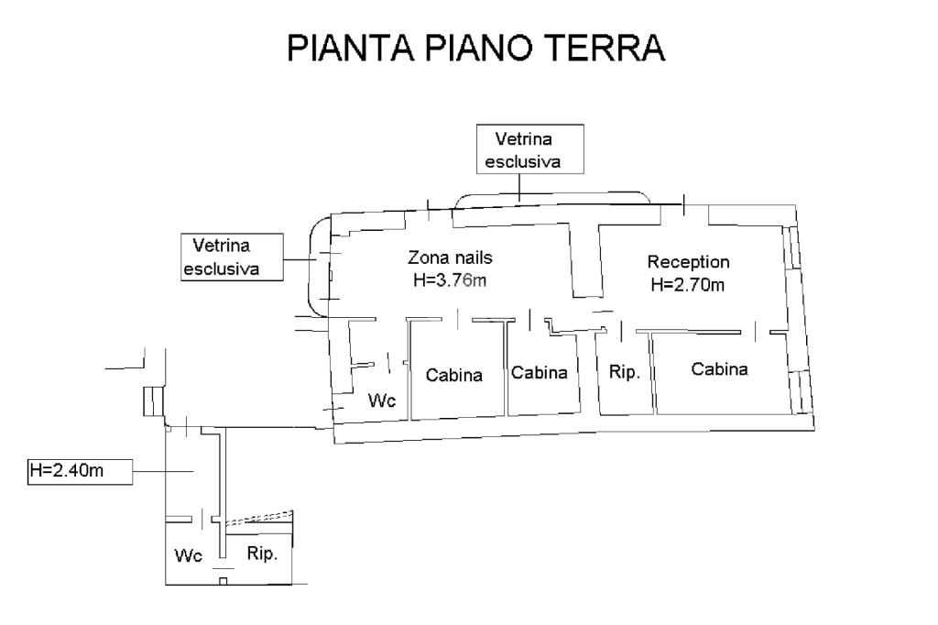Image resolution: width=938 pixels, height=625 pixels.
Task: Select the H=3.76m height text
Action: tap(450, 280)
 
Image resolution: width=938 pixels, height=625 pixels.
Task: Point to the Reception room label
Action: tap(688, 261)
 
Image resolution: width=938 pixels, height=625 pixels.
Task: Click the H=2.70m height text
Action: tap(688, 284)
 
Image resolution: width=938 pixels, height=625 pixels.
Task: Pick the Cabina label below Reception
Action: tap(719, 369)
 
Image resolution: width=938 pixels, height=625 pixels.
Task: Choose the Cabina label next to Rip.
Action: tap(540, 373)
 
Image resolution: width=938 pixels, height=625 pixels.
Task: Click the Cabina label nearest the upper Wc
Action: tap(453, 375)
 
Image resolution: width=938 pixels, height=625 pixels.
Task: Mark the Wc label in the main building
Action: tap(382, 400)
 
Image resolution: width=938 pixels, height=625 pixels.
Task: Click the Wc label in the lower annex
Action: tap(189, 555)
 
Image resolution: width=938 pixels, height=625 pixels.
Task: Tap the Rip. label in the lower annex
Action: tap(263, 554)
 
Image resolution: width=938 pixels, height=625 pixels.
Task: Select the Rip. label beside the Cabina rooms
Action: tap(624, 373)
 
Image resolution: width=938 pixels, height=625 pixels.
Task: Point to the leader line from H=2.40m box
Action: tap(165, 471)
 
